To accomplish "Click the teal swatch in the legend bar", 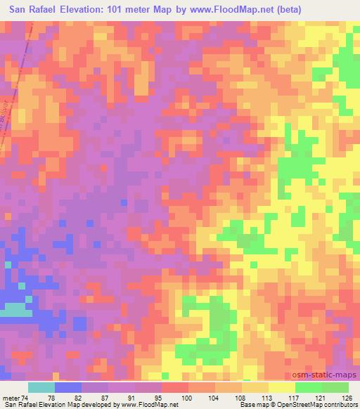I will pos(41,387).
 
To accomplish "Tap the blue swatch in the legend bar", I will pos(68,387).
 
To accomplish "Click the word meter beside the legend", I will pos(11,398).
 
